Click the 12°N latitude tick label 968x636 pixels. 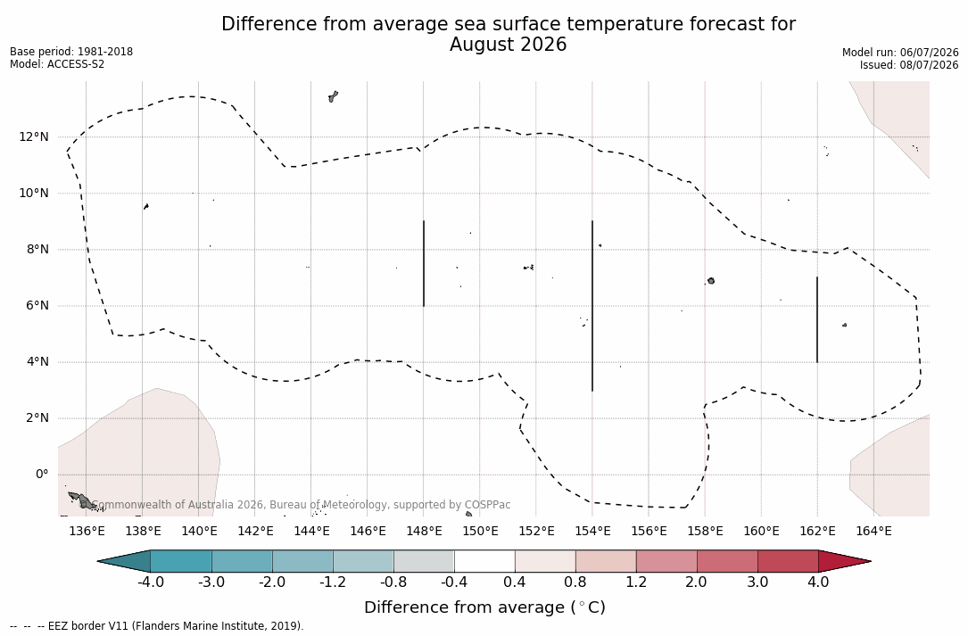(x=33, y=136)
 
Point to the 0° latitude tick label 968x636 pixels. (x=42, y=475)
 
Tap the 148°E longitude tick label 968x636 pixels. (x=424, y=531)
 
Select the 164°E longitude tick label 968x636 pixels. (x=873, y=531)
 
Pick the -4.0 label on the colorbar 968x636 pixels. (x=150, y=582)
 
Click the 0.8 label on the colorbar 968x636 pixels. (x=575, y=582)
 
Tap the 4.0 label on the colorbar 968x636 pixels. (x=818, y=582)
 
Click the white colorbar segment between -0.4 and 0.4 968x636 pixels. (x=484, y=561)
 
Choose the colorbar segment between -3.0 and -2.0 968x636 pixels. (x=242, y=561)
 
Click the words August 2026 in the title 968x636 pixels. (x=508, y=45)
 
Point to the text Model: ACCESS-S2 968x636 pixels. (x=57, y=63)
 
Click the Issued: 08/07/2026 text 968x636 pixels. (x=909, y=65)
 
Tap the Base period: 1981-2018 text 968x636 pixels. (x=71, y=52)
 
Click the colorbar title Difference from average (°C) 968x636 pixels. (x=484, y=607)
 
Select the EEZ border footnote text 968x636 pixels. (x=157, y=625)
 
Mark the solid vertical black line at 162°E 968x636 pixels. (x=817, y=319)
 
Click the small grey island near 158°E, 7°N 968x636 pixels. (x=711, y=281)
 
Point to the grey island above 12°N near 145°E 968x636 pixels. (x=334, y=96)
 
